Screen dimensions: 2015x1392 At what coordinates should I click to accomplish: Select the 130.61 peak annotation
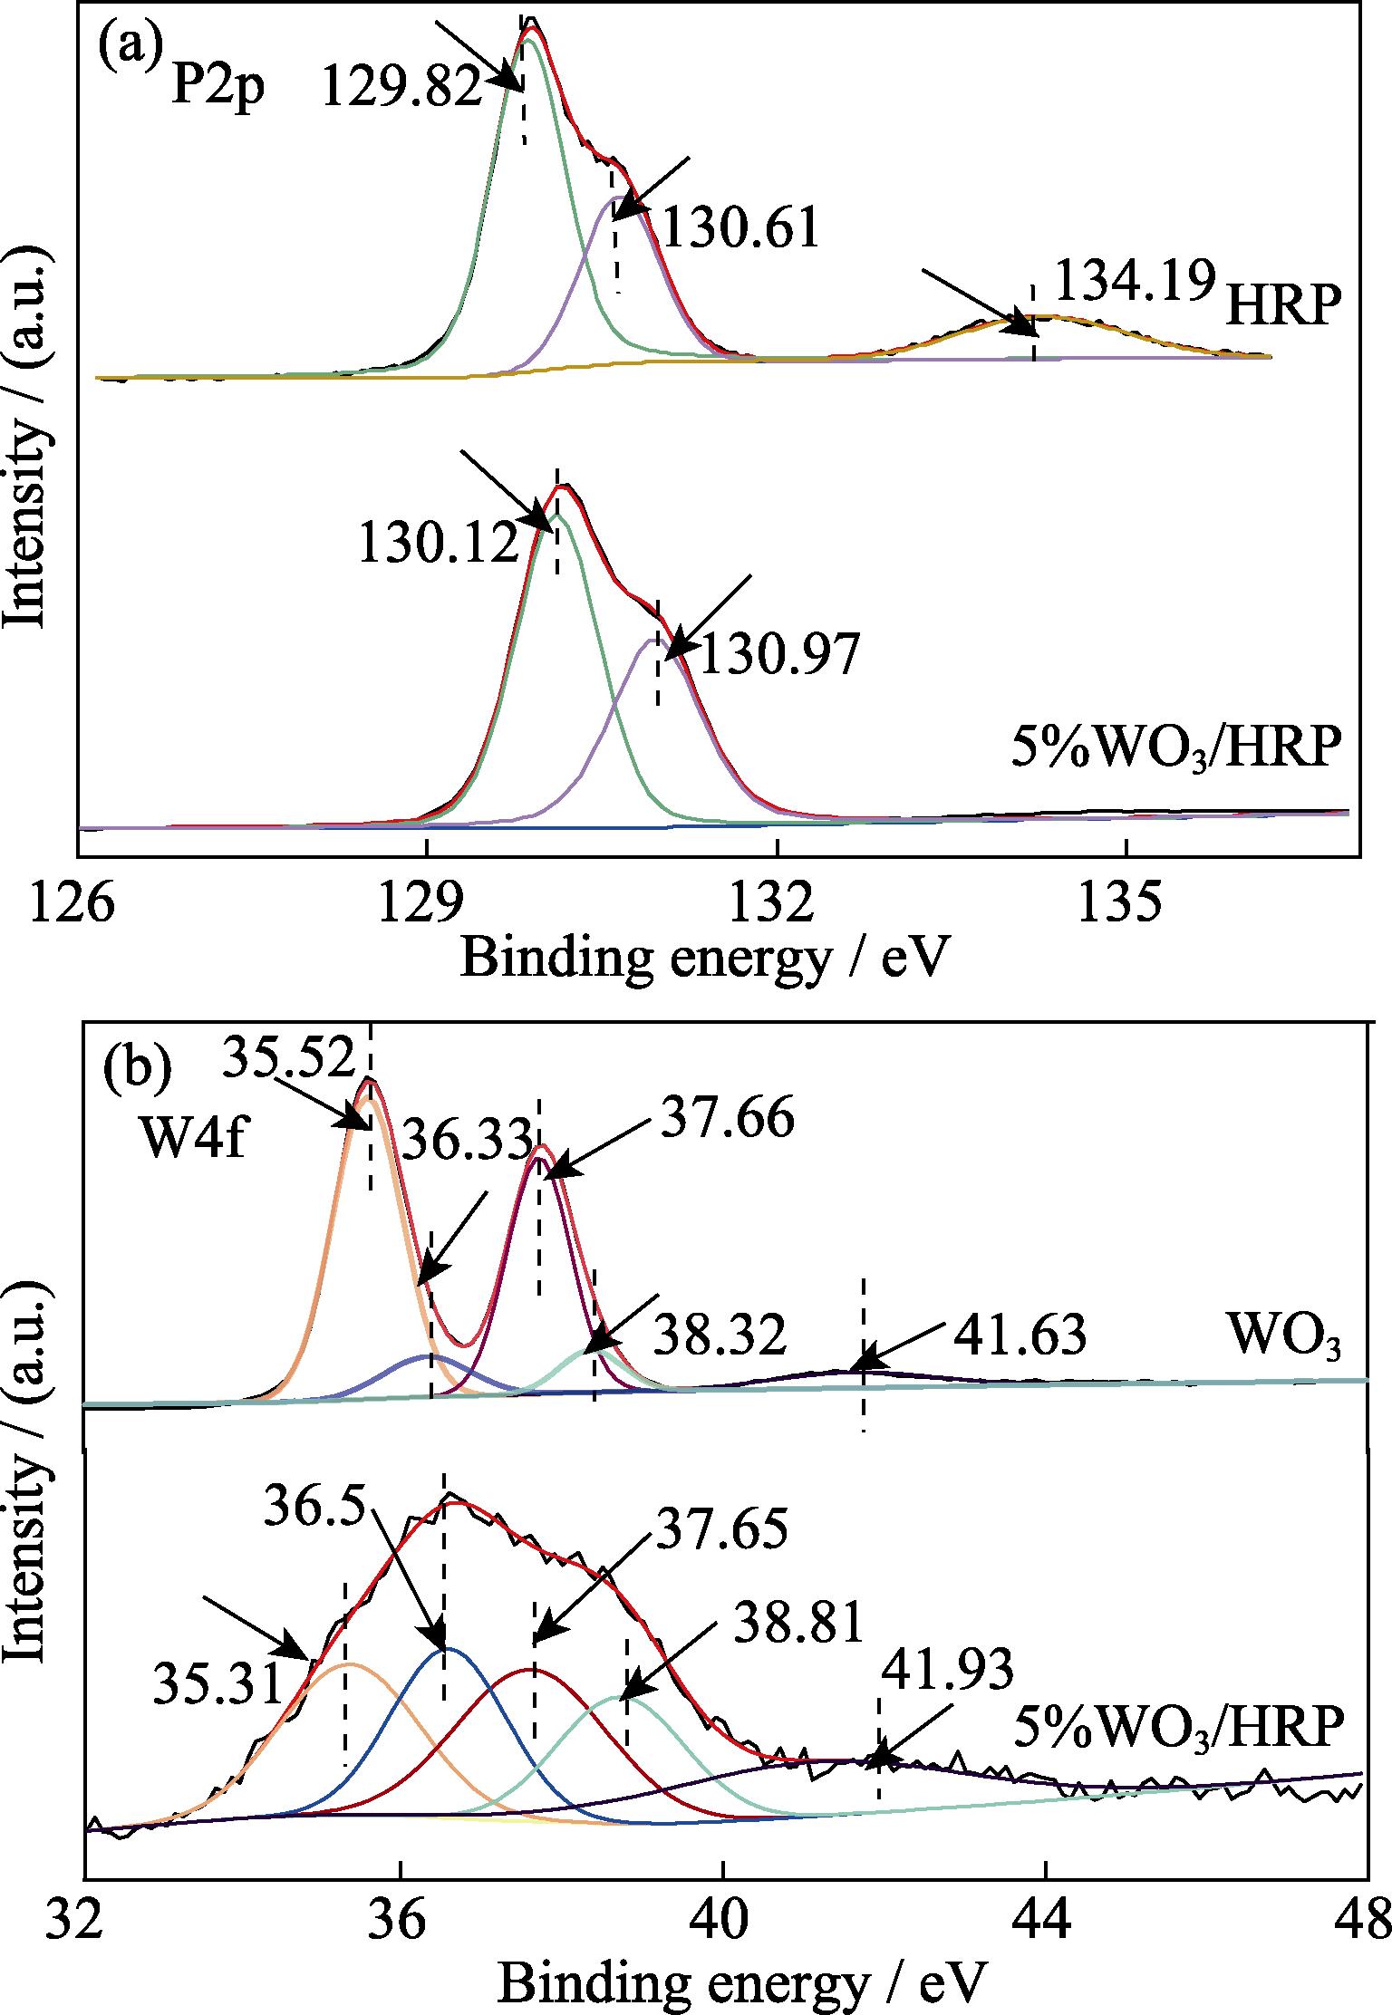coord(741,227)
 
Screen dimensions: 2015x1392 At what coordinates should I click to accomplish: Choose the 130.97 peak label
coord(778,655)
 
